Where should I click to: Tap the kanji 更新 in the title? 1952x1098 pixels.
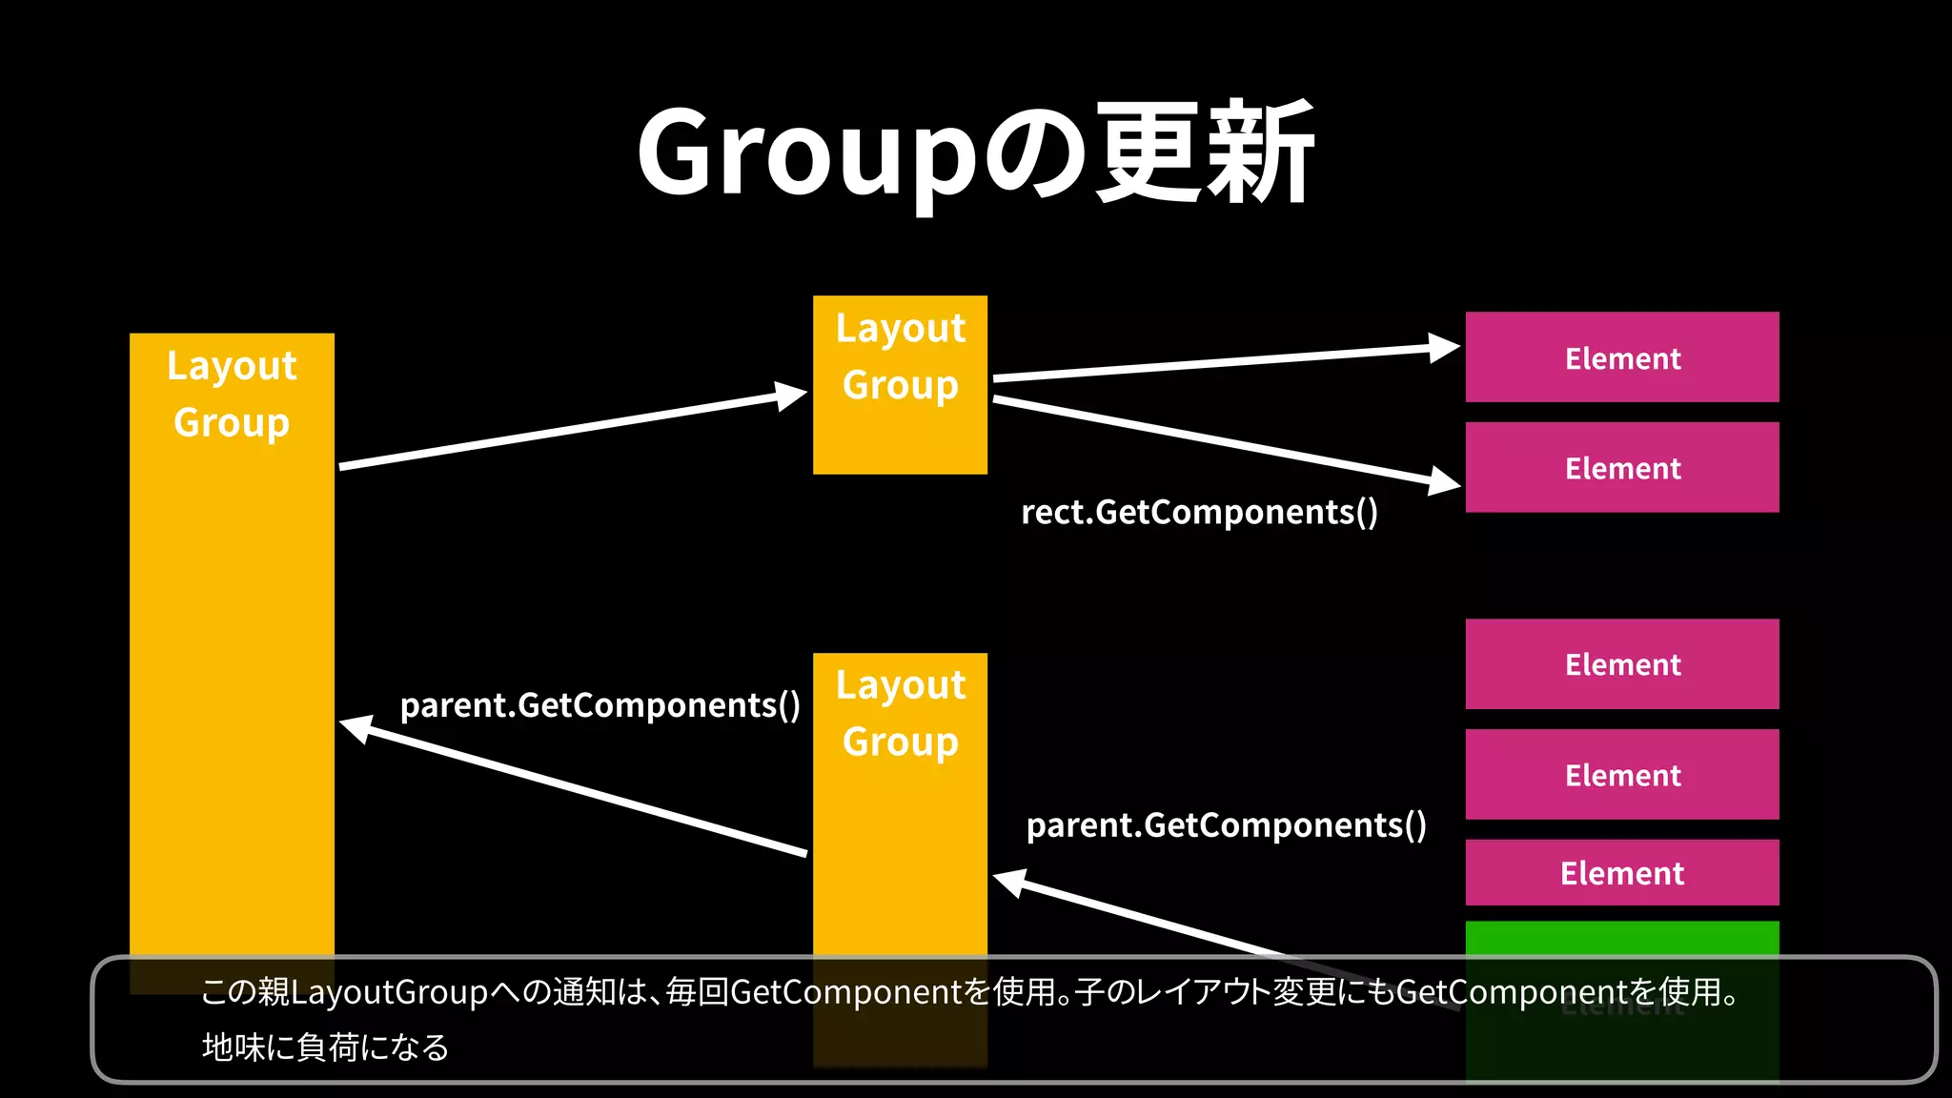click(x=1206, y=152)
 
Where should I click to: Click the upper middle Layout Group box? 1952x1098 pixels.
click(x=900, y=384)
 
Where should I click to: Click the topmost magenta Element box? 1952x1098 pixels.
click(x=1621, y=357)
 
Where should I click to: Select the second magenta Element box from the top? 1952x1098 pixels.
click(x=1621, y=467)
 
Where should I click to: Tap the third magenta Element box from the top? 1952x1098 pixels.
click(x=1621, y=664)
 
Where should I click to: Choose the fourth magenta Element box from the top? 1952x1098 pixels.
click(x=1621, y=774)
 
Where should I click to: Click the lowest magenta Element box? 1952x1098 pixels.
click(x=1621, y=872)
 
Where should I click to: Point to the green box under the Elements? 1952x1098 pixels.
click(x=1621, y=939)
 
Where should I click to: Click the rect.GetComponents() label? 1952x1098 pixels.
click(x=1199, y=513)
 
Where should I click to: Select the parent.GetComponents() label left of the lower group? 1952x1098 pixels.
click(x=600, y=705)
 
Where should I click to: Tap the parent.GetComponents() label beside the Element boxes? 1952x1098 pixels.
click(x=1226, y=825)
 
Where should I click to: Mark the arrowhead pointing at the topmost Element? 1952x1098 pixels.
click(x=1443, y=349)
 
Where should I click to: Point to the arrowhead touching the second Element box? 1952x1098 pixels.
click(x=1443, y=480)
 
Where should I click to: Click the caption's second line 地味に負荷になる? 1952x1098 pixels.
click(x=325, y=1047)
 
